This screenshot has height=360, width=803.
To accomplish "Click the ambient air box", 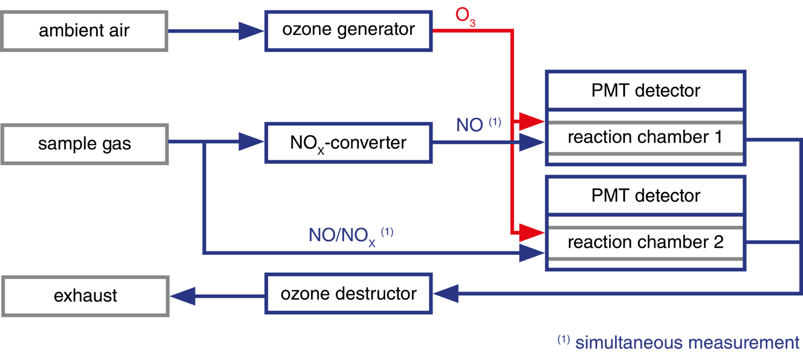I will (84, 31).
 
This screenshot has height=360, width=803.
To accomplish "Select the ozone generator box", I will (349, 30).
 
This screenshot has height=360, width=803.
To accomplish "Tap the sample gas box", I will (84, 144).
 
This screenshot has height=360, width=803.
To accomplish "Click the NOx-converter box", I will (349, 143).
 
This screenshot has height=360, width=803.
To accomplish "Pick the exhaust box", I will (85, 296).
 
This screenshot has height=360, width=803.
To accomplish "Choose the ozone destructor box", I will (349, 294).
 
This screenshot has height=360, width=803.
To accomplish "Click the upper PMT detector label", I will (646, 91).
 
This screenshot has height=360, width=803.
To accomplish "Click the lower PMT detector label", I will (646, 196).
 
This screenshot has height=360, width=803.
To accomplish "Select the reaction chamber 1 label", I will (645, 137).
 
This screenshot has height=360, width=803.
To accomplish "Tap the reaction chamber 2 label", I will (645, 242).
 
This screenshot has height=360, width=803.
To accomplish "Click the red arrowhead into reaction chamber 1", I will (532, 122).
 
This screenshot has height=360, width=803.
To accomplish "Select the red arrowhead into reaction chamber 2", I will (532, 230).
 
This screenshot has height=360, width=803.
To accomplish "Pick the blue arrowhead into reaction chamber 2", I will (532, 253).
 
